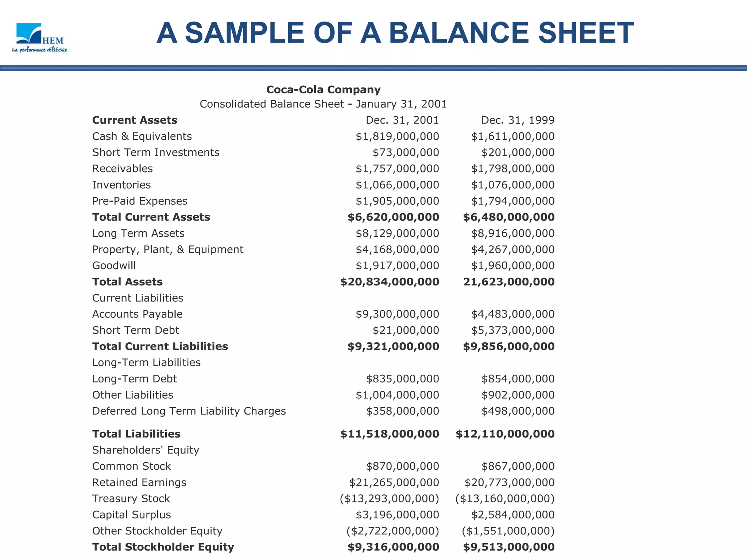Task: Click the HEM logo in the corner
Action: (39, 38)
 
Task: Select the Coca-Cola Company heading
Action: (323, 90)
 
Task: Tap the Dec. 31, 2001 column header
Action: (402, 120)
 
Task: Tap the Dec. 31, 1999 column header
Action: (518, 120)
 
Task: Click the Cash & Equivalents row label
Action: (142, 136)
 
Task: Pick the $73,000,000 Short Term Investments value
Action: (406, 152)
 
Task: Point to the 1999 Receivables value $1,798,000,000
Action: (512, 169)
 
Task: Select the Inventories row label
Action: (121, 185)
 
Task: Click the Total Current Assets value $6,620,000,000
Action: (393, 217)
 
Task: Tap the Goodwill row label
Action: (114, 266)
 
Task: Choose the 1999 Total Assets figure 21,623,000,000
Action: (509, 282)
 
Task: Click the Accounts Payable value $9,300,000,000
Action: (397, 314)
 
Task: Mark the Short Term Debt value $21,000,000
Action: (406, 330)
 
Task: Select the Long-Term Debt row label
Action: (134, 379)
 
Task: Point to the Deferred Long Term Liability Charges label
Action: (189, 411)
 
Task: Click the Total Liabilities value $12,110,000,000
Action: (505, 434)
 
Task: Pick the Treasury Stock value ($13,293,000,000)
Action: (389, 499)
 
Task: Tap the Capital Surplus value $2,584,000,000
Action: (512, 515)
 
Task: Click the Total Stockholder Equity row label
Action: (163, 547)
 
